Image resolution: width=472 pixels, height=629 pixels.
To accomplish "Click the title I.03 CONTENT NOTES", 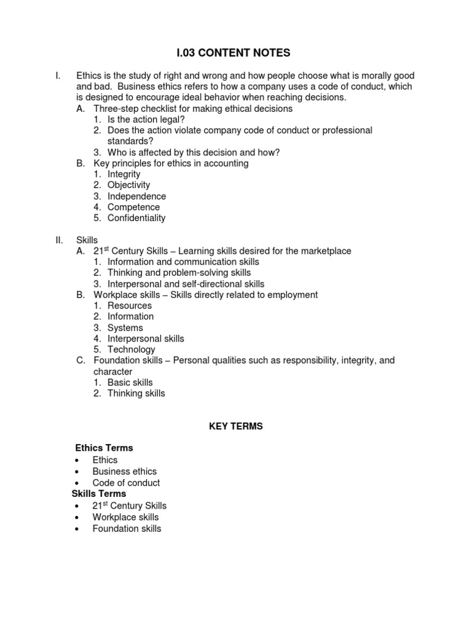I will [x=236, y=53].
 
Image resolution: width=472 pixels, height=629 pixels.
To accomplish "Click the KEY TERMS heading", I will [x=236, y=426].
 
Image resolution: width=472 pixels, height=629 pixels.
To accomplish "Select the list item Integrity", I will [x=124, y=174].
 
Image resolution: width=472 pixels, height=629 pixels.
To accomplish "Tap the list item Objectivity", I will [x=128, y=185].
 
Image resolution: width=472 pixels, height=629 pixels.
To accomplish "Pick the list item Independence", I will [x=136, y=197].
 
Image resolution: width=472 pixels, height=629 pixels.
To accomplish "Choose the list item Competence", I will [x=133, y=208].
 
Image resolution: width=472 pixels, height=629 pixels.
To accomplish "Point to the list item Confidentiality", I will [x=136, y=218].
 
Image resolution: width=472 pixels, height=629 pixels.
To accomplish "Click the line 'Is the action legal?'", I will [x=146, y=120].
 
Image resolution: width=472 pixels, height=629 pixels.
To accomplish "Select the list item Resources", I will [x=129, y=306].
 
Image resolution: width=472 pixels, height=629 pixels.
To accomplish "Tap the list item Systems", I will [x=125, y=328].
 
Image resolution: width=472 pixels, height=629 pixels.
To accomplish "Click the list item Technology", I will [x=131, y=350].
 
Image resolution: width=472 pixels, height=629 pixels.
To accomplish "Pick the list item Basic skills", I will [x=130, y=383].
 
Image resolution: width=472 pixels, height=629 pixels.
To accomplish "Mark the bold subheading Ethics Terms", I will [x=104, y=448].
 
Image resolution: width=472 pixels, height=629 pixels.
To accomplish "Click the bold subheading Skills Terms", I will [x=99, y=494].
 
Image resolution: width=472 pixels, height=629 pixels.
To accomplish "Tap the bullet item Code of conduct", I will [x=126, y=483].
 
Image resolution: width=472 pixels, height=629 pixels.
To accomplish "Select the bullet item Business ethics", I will [x=124, y=472].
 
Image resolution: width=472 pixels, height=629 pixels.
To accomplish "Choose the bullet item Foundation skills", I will [x=127, y=528].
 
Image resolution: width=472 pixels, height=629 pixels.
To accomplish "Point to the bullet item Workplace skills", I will [x=125, y=517].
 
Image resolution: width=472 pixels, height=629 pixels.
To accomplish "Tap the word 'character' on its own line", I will [x=112, y=372].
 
